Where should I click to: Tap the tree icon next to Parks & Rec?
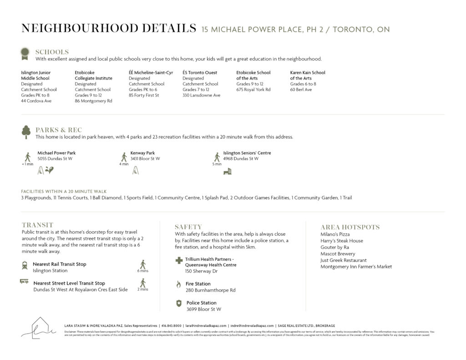pyautogui.click(x=26, y=132)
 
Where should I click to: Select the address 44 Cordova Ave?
pyautogui.click(x=36, y=101)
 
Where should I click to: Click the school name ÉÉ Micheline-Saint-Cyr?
pyautogui.click(x=151, y=73)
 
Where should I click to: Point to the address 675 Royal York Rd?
pyautogui.click(x=253, y=90)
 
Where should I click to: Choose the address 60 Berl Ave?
pyautogui.click(x=301, y=90)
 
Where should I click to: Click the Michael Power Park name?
pyautogui.click(x=56, y=153)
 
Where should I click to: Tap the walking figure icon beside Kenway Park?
pyautogui.click(x=124, y=157)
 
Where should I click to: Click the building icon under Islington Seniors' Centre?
pyautogui.click(x=227, y=171)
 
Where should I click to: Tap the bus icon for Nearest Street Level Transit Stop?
pyautogui.click(x=24, y=282)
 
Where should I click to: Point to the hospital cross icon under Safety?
pyautogui.click(x=179, y=260)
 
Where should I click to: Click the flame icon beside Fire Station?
pyautogui.click(x=179, y=284)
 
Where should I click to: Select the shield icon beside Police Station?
pyautogui.click(x=179, y=303)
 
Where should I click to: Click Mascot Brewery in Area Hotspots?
pyautogui.click(x=338, y=254)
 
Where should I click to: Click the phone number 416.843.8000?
pyautogui.click(x=172, y=326)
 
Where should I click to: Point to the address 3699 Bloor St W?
pyautogui.click(x=203, y=309)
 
